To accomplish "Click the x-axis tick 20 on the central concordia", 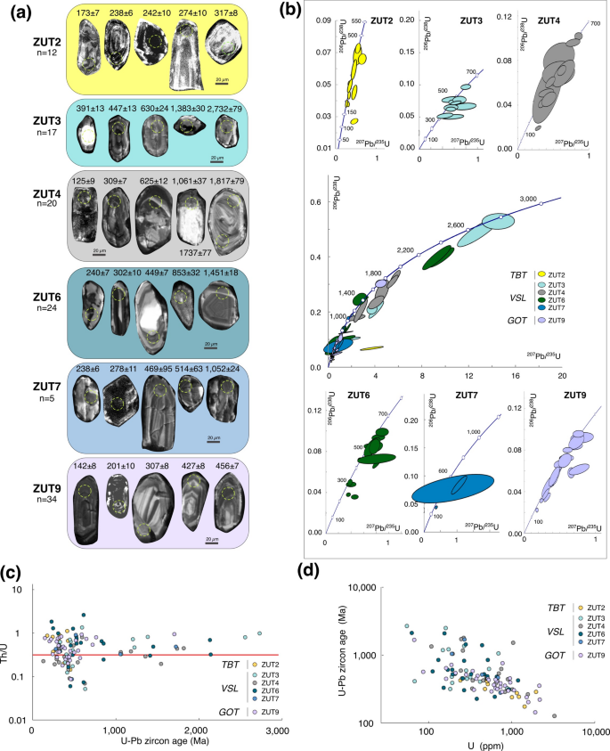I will tap(562, 377).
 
